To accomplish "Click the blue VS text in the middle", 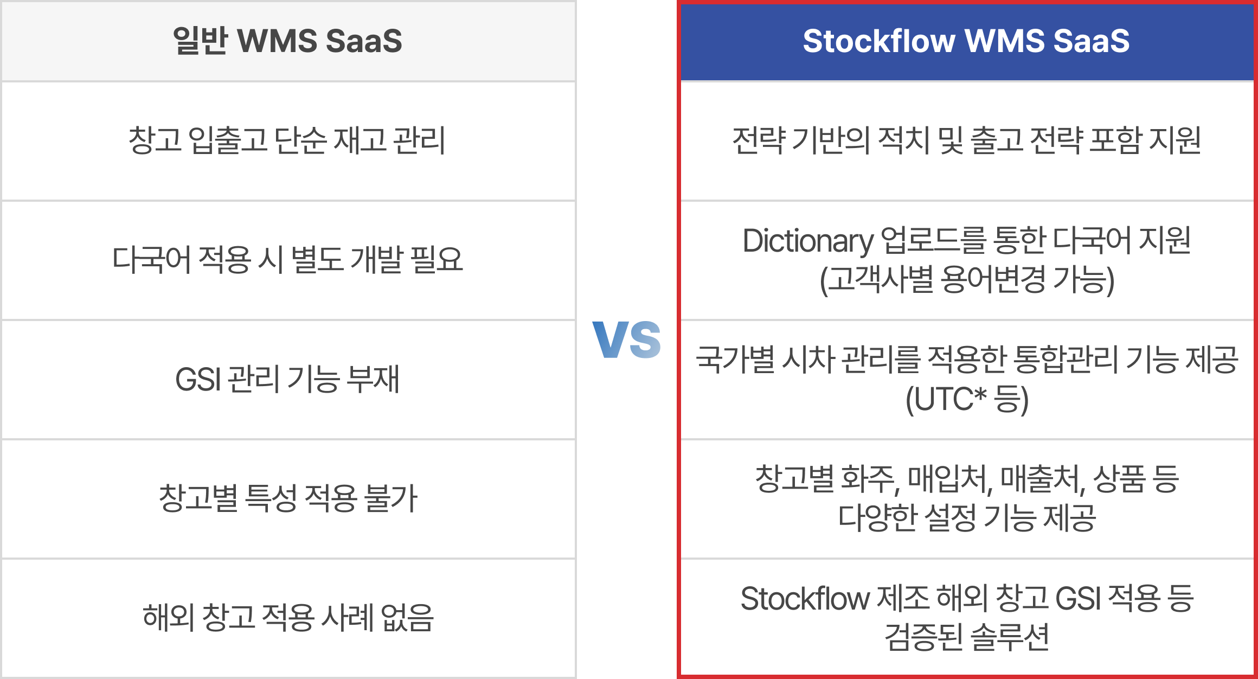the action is click(x=627, y=339).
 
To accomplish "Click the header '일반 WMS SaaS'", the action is click(x=287, y=41).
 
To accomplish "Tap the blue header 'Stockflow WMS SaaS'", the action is click(x=966, y=41).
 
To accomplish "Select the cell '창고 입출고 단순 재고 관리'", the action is click(x=287, y=140).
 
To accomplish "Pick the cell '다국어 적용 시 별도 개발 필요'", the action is click(x=287, y=260).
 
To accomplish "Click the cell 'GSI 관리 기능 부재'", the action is click(x=287, y=379).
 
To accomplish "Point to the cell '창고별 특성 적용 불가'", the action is click(x=288, y=498).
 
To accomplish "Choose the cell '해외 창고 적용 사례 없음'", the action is click(x=288, y=617).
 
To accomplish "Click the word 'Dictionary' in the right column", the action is click(x=807, y=241).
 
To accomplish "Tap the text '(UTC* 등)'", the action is click(x=967, y=400).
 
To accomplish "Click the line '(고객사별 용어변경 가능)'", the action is click(x=967, y=280).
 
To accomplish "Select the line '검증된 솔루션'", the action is click(x=967, y=637).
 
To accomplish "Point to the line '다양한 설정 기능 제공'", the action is click(x=967, y=517).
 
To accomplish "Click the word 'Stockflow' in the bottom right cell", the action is click(x=805, y=599).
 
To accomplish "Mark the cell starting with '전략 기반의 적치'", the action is click(x=966, y=140).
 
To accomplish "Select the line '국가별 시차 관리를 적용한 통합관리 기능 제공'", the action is click(x=967, y=360).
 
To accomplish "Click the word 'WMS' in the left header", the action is click(x=277, y=41).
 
